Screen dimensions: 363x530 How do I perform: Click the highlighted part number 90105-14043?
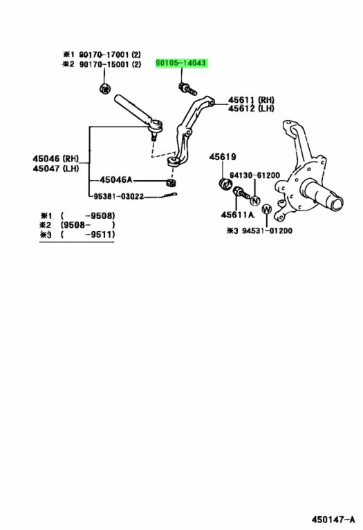pos(180,63)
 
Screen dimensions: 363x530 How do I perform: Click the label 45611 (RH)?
pos(251,100)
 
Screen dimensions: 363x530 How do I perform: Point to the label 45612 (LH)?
pos(251,108)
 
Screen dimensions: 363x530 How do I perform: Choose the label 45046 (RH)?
pos(56,159)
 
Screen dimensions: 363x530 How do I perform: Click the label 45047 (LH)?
pos(56,168)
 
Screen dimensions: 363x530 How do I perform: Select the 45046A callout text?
pos(115,180)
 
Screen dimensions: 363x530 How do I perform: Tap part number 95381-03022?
pos(118,197)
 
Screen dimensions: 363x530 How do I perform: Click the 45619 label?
pos(223,157)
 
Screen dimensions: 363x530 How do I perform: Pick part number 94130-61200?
pos(255,175)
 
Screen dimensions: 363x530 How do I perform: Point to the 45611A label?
pos(237,215)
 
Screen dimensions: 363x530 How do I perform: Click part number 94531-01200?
pos(267,231)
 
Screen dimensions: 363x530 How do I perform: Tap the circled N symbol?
pos(255,201)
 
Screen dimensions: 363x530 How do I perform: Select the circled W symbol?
pos(267,209)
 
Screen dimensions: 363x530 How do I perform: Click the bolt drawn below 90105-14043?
pos(187,89)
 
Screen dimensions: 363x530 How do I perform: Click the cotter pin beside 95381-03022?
pos(169,195)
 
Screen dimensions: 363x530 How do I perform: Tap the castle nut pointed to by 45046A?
pos(171,183)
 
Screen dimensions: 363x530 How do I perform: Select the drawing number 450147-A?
pos(333,519)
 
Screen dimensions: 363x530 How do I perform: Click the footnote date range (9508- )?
pos(87,225)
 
